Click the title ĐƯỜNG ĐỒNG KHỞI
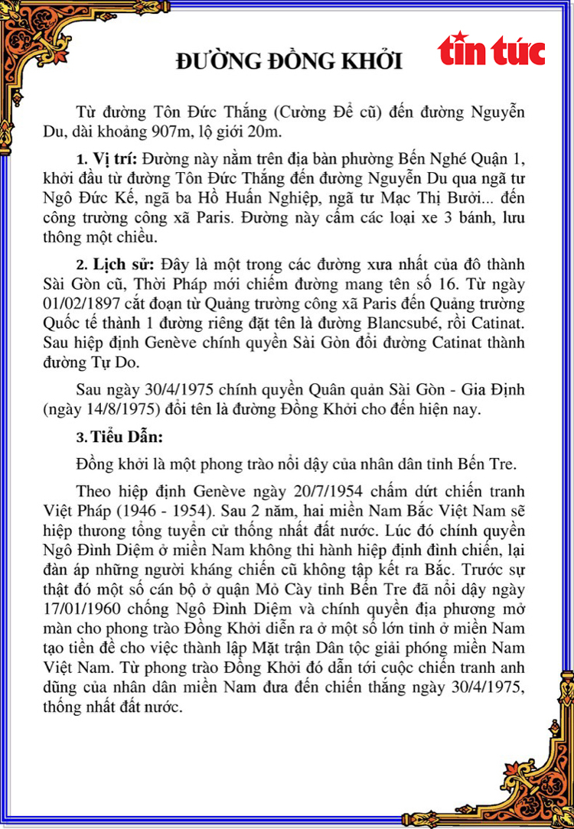(x=289, y=60)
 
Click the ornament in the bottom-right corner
(x=540, y=795)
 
